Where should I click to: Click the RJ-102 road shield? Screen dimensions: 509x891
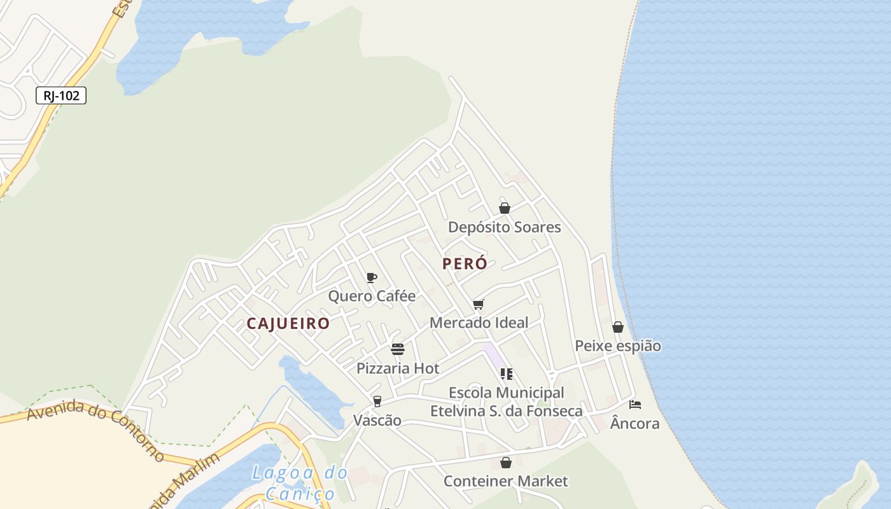(x=61, y=96)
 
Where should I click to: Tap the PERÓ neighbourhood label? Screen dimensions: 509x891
(x=465, y=263)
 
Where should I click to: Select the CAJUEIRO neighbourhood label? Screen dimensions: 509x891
(x=288, y=323)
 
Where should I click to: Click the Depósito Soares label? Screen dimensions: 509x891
(x=504, y=227)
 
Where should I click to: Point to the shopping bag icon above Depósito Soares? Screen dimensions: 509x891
(x=505, y=208)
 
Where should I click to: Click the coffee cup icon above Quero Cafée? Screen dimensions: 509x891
(x=372, y=277)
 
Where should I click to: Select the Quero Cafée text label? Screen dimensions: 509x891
(x=372, y=296)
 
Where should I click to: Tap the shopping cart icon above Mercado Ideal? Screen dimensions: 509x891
(x=479, y=304)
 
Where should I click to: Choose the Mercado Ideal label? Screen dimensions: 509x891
(x=479, y=323)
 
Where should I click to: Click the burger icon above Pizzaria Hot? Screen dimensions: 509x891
(x=398, y=349)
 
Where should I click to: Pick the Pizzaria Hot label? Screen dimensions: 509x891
(x=398, y=368)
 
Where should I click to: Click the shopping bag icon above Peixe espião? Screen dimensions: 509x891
(x=617, y=327)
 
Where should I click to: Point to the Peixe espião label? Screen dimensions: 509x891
(x=617, y=346)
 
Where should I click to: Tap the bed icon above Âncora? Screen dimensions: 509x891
(x=635, y=404)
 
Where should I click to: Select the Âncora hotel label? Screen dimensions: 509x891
(x=635, y=423)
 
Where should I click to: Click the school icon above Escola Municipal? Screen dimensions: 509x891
(x=507, y=374)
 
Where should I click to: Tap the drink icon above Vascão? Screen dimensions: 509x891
(x=377, y=401)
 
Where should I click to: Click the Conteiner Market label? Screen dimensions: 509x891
(x=505, y=481)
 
